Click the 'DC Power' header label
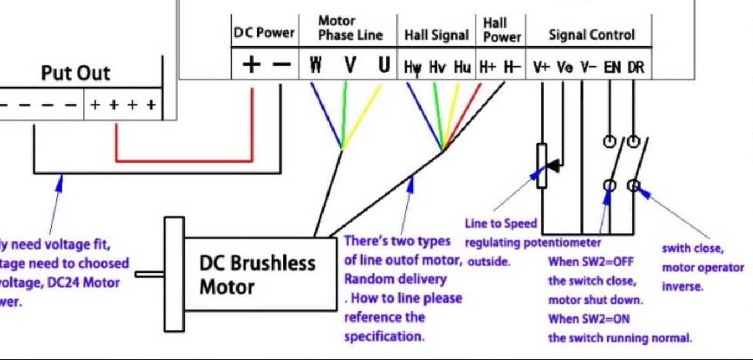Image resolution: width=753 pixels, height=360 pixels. pos(264,33)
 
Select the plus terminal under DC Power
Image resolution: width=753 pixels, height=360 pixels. pos(251,65)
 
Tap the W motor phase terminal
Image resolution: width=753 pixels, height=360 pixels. pos(315,66)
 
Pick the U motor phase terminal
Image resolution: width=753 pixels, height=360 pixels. pos(384,66)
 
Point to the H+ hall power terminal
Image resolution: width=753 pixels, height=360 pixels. pos(487,67)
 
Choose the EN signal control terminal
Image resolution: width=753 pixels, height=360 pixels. pos(612,68)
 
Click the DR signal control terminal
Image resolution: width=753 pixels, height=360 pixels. pos(636,68)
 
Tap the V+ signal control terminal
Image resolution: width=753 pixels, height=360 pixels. pos(541,68)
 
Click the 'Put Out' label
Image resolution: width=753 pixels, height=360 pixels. pos(76,73)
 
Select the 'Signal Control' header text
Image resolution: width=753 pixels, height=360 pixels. pos(591,35)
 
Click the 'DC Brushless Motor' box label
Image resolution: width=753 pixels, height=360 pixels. pos(257,275)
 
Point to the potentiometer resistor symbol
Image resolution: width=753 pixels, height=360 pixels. pos(542,165)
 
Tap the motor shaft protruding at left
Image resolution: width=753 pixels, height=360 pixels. pos(149,273)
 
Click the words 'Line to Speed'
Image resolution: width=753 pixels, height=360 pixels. pos(501,224)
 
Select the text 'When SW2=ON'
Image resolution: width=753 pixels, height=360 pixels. pos(588,319)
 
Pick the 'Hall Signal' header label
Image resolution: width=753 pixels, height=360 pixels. pos(436,35)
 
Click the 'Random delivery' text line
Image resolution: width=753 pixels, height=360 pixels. pos(395,279)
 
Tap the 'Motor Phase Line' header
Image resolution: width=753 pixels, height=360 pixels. pos(350,28)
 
